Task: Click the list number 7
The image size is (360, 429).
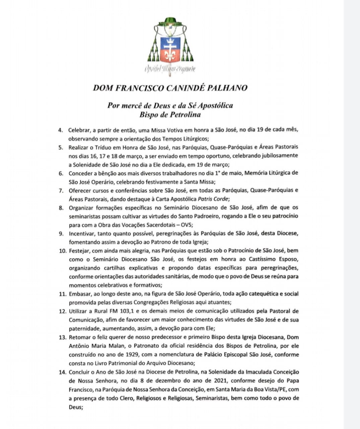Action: (61, 190)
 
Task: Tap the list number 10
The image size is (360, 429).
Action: (62, 250)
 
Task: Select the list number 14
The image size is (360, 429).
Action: (62, 372)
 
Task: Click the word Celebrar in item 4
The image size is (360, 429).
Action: (79, 130)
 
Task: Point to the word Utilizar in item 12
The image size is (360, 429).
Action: (78, 311)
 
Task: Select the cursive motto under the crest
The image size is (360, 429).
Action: (170, 69)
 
